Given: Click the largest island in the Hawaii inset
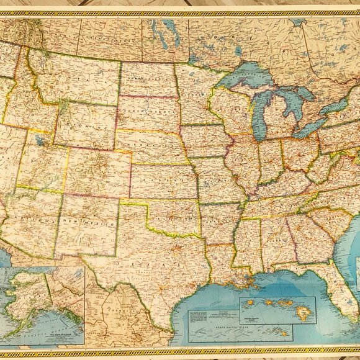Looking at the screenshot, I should tap(304, 315).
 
